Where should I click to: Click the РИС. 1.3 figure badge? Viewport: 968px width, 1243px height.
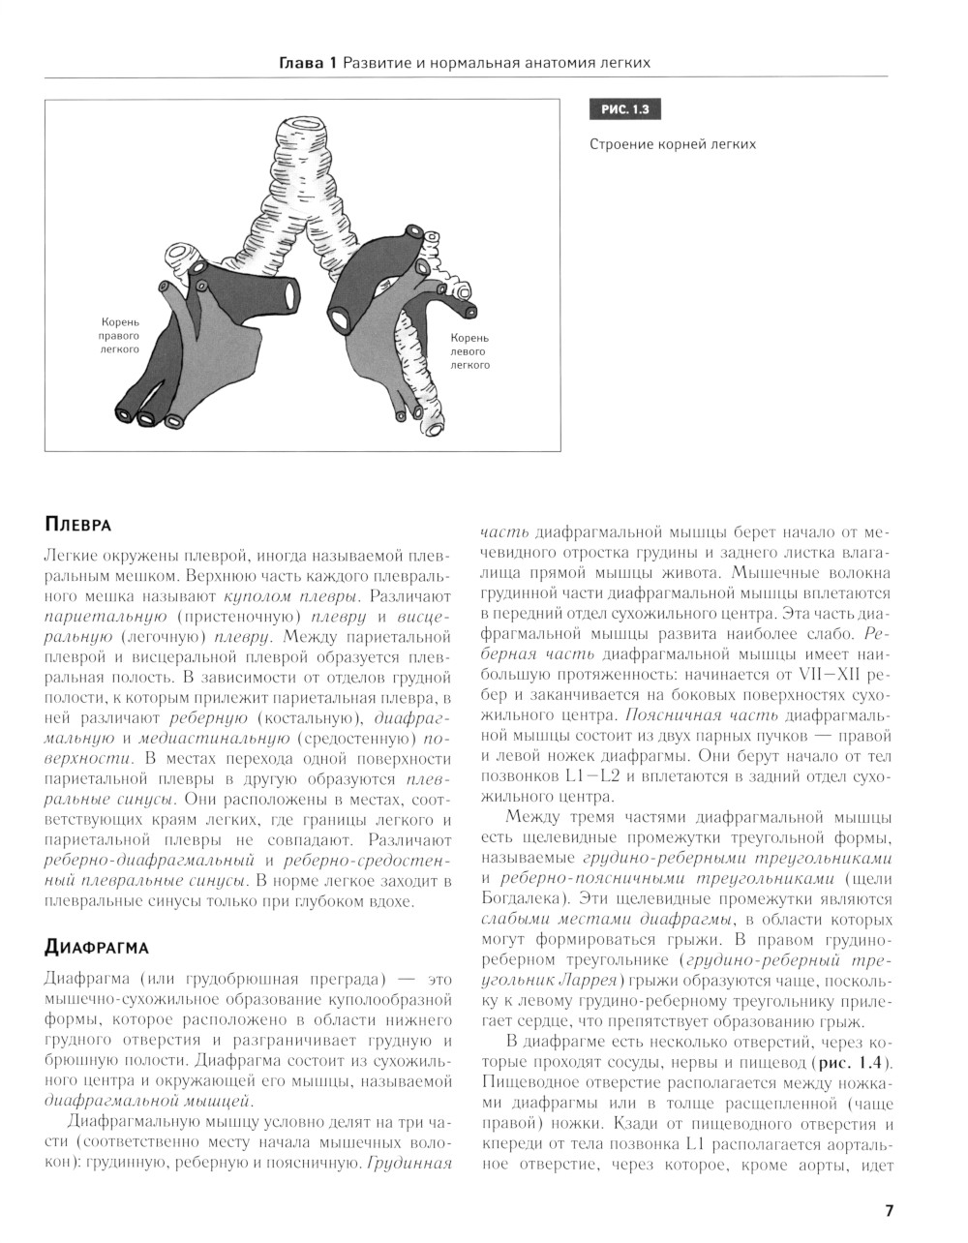click(x=624, y=110)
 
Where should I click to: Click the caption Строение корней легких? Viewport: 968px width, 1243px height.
click(x=672, y=144)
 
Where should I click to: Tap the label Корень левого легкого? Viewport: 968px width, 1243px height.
click(x=469, y=351)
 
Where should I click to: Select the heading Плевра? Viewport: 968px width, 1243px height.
click(x=78, y=525)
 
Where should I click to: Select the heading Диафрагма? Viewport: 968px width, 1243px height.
click(x=96, y=945)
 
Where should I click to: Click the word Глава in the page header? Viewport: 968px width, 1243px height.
click(x=300, y=63)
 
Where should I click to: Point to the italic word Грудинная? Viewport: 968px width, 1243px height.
click(x=409, y=1163)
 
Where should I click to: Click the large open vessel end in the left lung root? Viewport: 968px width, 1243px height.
click(x=343, y=315)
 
